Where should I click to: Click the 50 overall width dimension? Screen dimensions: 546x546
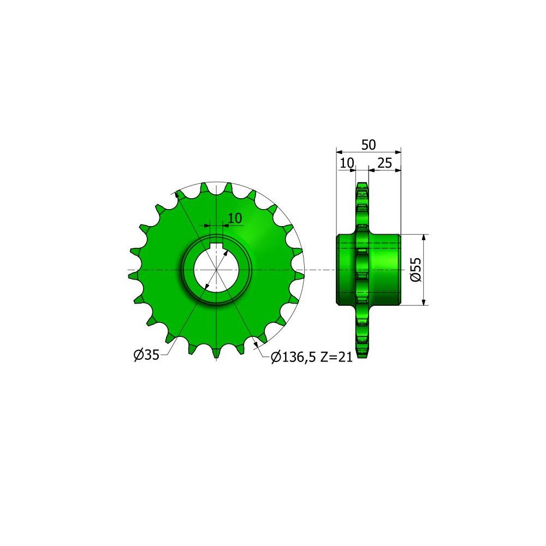pos(369,145)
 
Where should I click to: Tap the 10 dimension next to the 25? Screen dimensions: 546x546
pos(347,163)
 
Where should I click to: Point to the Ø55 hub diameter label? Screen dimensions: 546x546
pos(416,270)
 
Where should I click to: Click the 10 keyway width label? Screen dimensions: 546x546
pos(235,218)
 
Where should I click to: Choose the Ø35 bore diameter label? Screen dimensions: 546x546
pos(146,355)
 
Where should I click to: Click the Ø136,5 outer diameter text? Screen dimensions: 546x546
pos(293,357)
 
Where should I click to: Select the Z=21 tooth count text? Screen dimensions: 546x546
pos(334,357)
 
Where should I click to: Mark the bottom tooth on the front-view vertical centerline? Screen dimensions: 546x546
pos(217,353)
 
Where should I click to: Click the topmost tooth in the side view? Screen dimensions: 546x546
pos(361,187)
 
